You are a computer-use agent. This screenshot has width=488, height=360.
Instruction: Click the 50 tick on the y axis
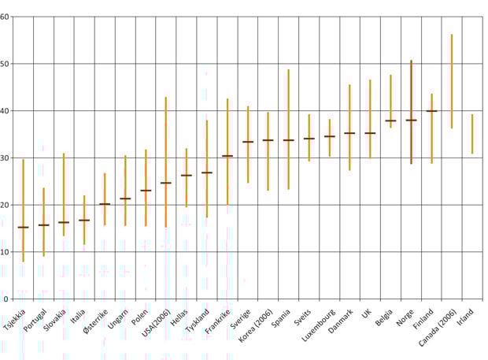point(5,64)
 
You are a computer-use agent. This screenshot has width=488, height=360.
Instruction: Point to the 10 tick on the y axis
point(5,252)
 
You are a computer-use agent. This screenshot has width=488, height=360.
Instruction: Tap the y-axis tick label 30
point(5,158)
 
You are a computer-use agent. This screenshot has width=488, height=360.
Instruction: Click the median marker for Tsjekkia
point(23,227)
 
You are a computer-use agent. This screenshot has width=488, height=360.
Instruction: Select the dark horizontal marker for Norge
point(411,120)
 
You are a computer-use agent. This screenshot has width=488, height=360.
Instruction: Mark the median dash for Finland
point(431,111)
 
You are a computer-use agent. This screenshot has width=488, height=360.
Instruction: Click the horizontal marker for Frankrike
point(227,156)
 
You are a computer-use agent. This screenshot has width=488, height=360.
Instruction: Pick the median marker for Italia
point(84,220)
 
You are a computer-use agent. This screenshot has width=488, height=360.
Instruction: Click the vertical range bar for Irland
point(472,134)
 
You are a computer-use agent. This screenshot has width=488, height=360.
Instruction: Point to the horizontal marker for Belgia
point(390,121)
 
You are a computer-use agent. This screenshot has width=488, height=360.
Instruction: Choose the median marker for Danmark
point(349,133)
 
